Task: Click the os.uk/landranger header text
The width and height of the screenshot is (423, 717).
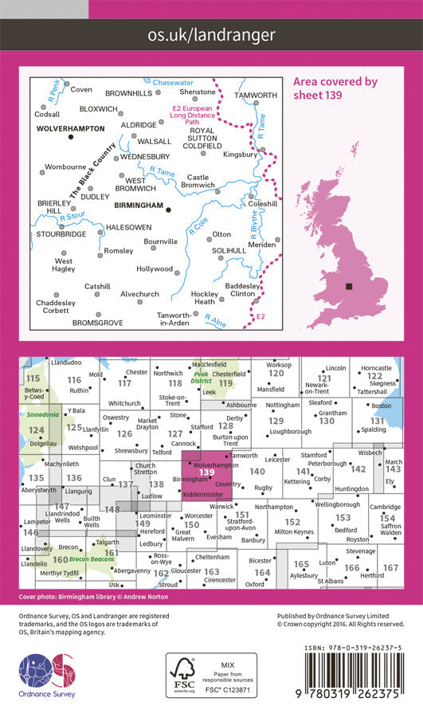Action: (211, 35)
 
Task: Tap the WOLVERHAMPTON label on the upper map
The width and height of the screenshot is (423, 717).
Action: (69, 127)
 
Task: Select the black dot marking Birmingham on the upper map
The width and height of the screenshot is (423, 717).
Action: (168, 210)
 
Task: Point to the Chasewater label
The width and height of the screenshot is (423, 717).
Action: (173, 82)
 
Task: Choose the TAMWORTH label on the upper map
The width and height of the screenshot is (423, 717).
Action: (257, 96)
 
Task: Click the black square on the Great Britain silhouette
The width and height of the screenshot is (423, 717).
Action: (349, 287)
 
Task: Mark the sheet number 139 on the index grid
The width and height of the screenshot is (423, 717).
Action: (207, 472)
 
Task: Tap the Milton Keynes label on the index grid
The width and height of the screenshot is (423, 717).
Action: (292, 532)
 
